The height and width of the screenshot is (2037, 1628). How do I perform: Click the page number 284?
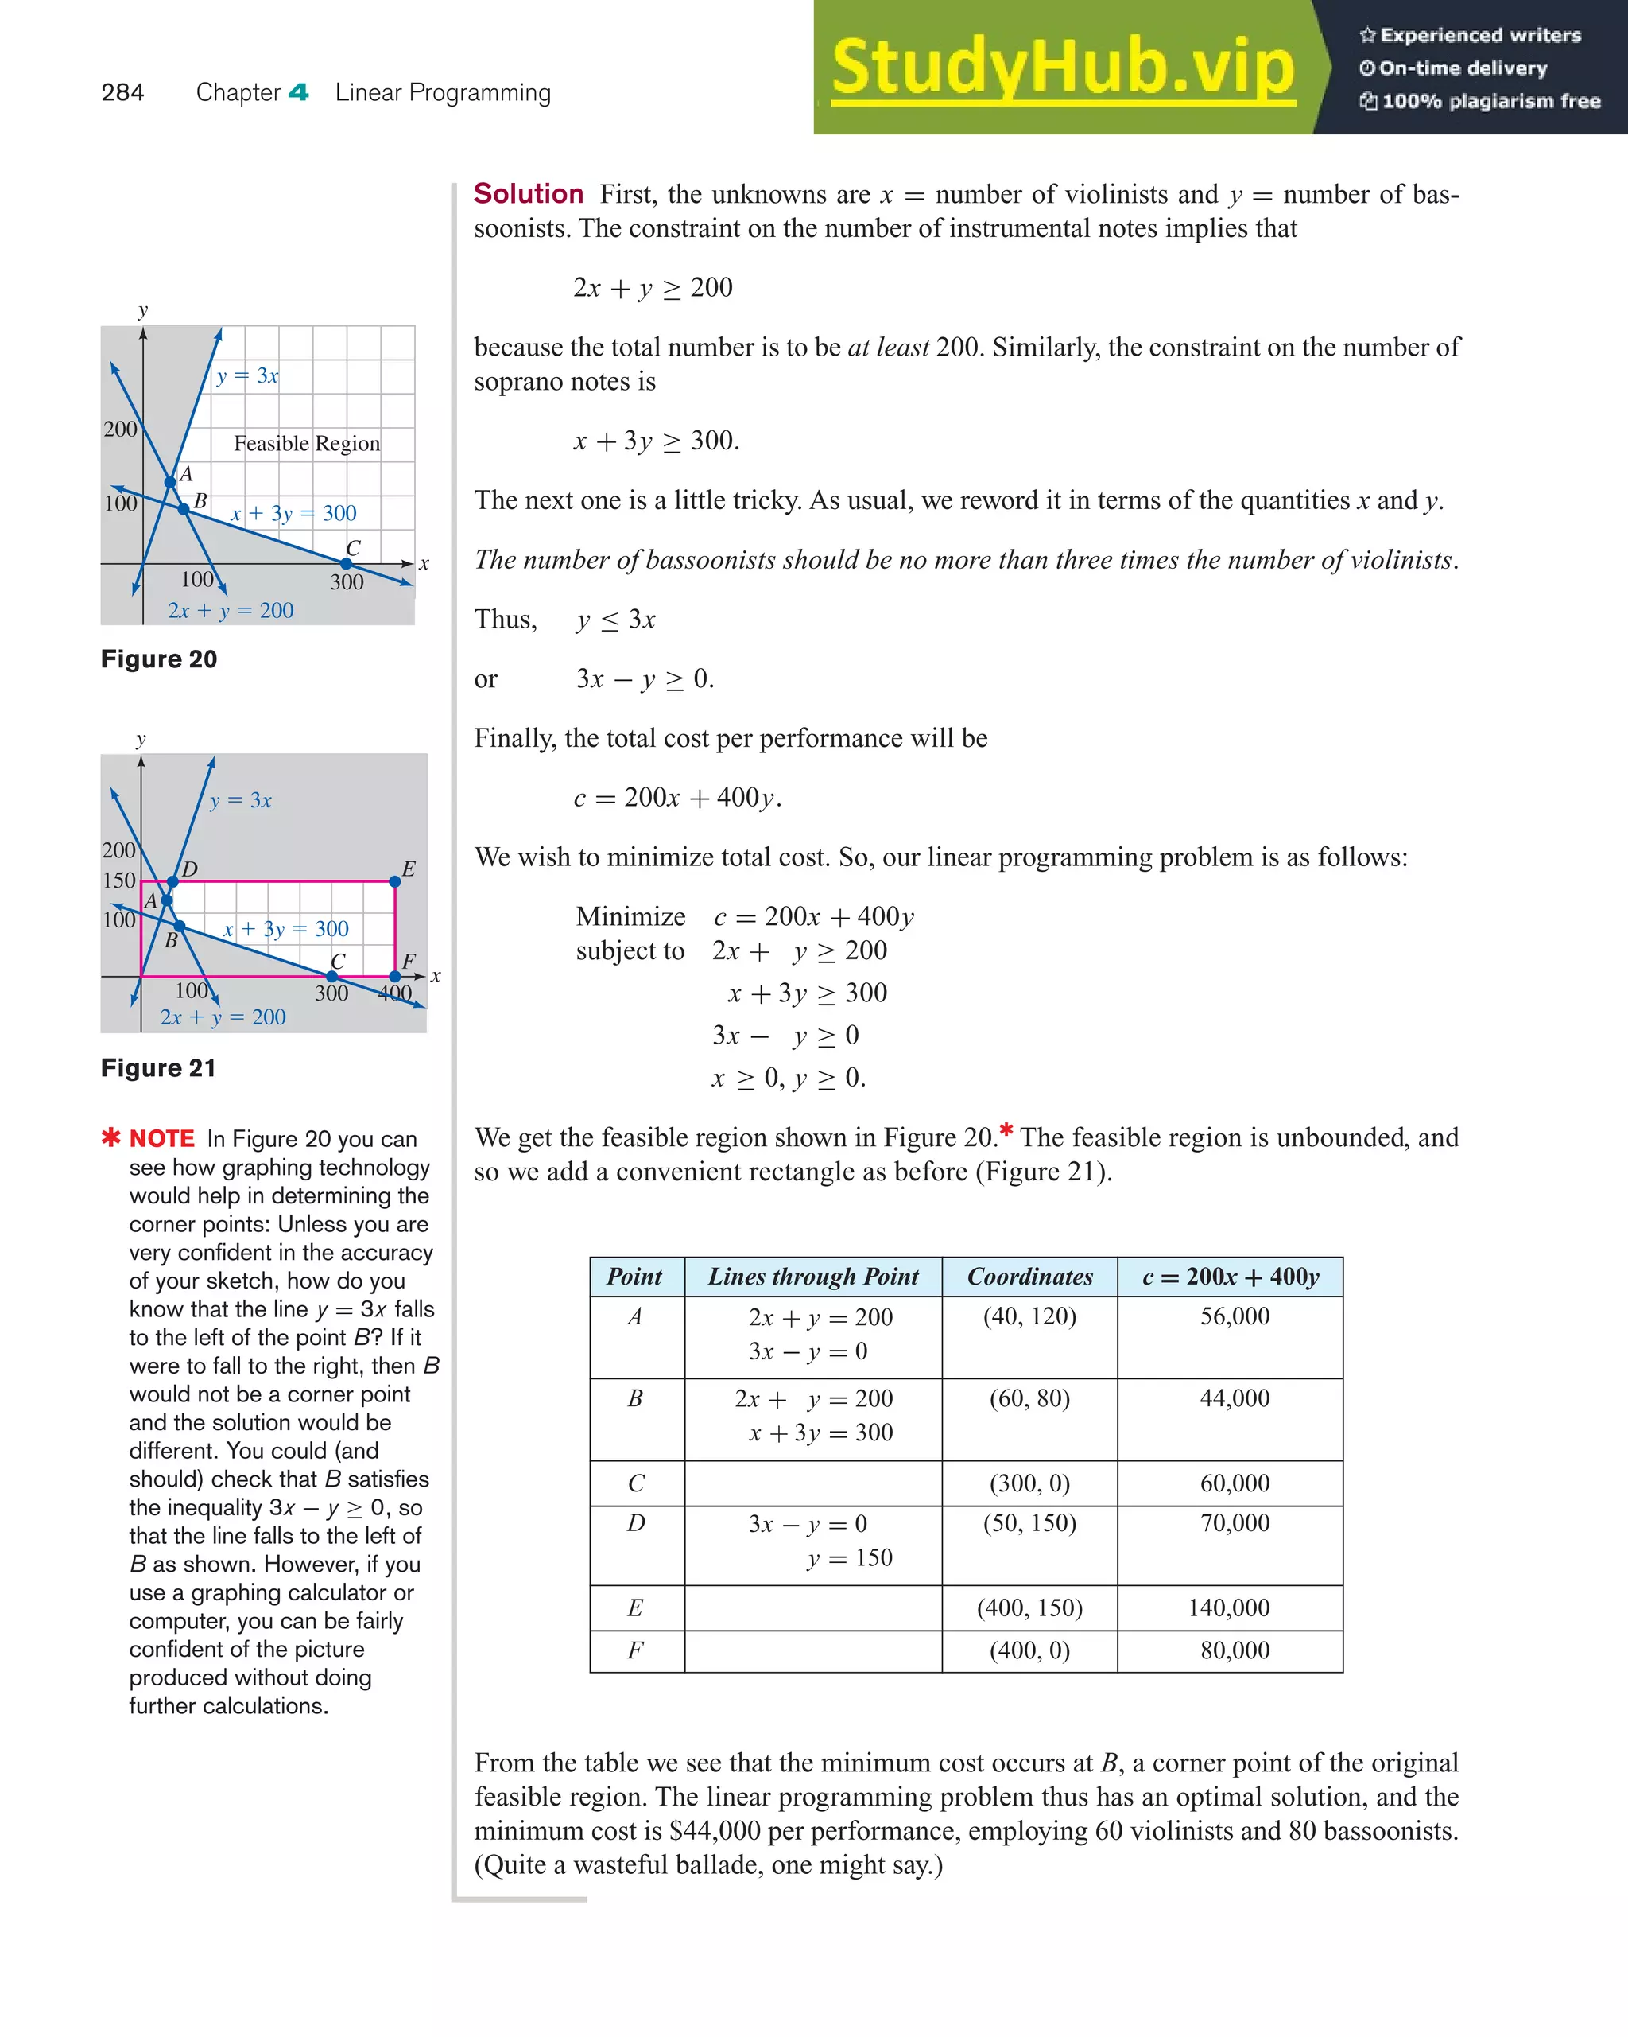[122, 92]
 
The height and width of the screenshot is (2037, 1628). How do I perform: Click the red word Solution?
[528, 194]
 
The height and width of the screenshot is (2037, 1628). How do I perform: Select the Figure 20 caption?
[159, 659]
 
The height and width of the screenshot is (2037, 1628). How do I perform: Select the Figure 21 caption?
[157, 1067]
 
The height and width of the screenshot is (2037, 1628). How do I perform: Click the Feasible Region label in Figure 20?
[307, 443]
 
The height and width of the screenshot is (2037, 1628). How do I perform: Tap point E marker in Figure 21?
[395, 881]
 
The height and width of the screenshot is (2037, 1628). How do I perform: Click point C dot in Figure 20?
[347, 564]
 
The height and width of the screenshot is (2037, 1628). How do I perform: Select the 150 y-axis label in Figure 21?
[119, 880]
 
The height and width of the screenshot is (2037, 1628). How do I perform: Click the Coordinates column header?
[1029, 1277]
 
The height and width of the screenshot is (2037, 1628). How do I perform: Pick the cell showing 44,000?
[1235, 1398]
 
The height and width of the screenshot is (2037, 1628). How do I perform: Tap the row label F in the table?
[635, 1650]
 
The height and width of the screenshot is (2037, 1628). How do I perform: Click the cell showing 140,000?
[1229, 1608]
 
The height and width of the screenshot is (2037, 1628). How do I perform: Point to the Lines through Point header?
[813, 1277]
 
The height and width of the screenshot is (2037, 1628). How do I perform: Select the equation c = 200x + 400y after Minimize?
[813, 916]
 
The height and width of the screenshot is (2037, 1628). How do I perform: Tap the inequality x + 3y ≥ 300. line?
[657, 441]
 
